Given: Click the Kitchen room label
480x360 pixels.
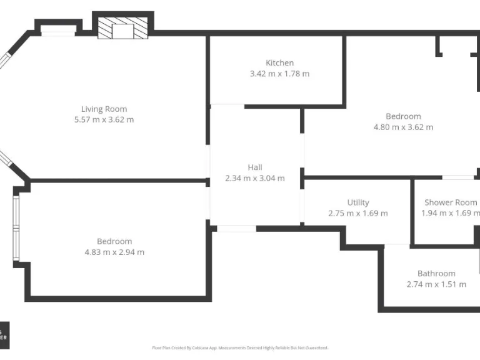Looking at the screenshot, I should pos(279,62).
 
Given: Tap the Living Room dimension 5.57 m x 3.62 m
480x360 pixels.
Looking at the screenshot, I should pos(104,119).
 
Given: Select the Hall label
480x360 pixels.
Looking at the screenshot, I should pos(254,167).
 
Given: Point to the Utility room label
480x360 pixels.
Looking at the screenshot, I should pos(358,202).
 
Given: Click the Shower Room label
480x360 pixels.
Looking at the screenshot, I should pos(451,202).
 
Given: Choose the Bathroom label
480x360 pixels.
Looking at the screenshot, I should pos(436,273).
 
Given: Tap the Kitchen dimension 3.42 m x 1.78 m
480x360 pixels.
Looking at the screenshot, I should pos(279,74).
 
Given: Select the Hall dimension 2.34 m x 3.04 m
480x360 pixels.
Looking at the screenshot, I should pos(254,178).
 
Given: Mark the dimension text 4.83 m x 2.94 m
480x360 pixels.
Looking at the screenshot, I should pos(114,252).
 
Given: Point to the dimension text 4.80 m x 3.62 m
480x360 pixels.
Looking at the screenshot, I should pos(403,127).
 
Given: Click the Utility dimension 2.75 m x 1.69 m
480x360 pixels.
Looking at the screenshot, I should pos(358,213).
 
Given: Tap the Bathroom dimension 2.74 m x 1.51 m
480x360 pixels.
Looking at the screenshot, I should pos(436,284).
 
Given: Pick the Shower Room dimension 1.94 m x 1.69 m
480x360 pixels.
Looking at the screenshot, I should pos(451,213).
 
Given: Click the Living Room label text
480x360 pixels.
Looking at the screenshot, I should pos(104,109).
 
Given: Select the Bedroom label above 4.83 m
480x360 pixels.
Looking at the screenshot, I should pos(114,241).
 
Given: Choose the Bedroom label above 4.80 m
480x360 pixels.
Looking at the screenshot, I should pos(403,116).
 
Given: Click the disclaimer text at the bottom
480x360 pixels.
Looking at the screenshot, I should pos(240,347).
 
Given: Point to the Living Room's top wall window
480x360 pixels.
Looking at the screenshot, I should pos(58,32).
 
